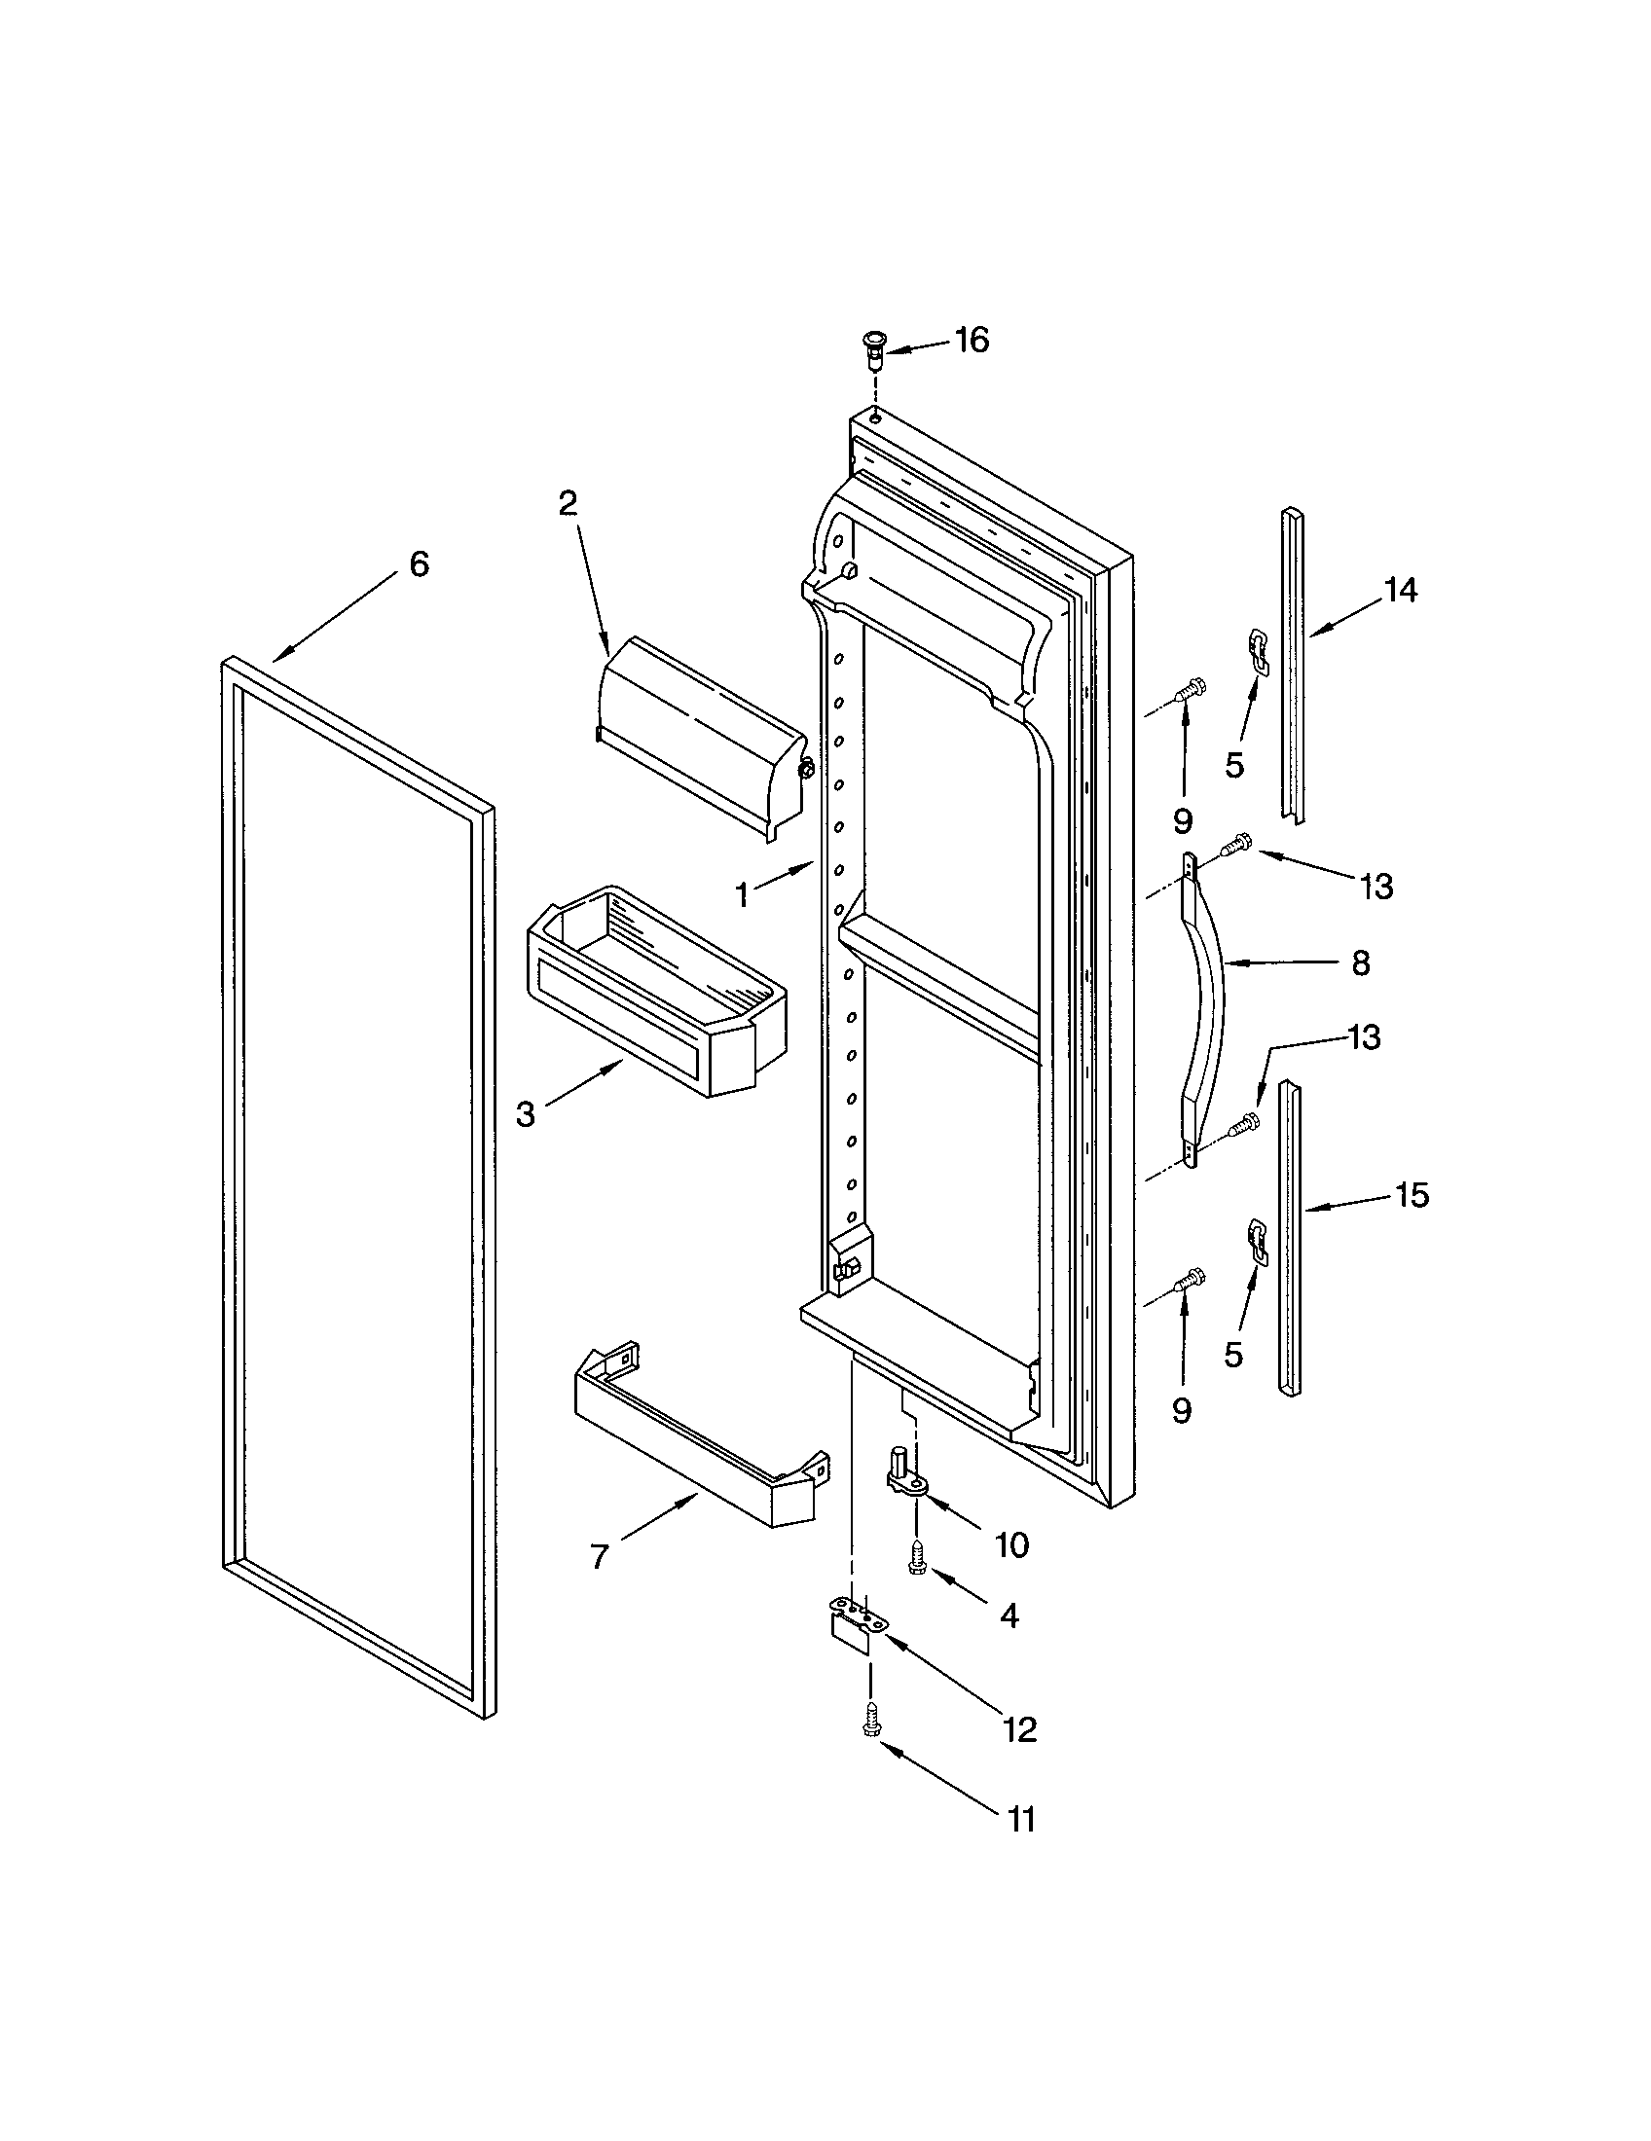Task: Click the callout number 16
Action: point(972,342)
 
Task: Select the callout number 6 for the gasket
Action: point(419,564)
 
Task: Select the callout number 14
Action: point(1401,590)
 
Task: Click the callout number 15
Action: point(1412,1195)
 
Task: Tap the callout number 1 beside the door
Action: point(742,894)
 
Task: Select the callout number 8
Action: point(1360,963)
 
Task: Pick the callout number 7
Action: point(600,1556)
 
